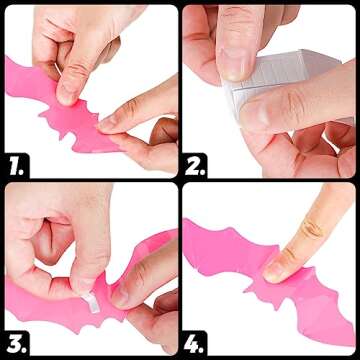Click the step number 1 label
[15, 167]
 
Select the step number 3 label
[15, 344]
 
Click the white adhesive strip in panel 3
[92, 302]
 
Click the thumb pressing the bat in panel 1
[71, 83]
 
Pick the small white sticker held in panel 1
[57, 69]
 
